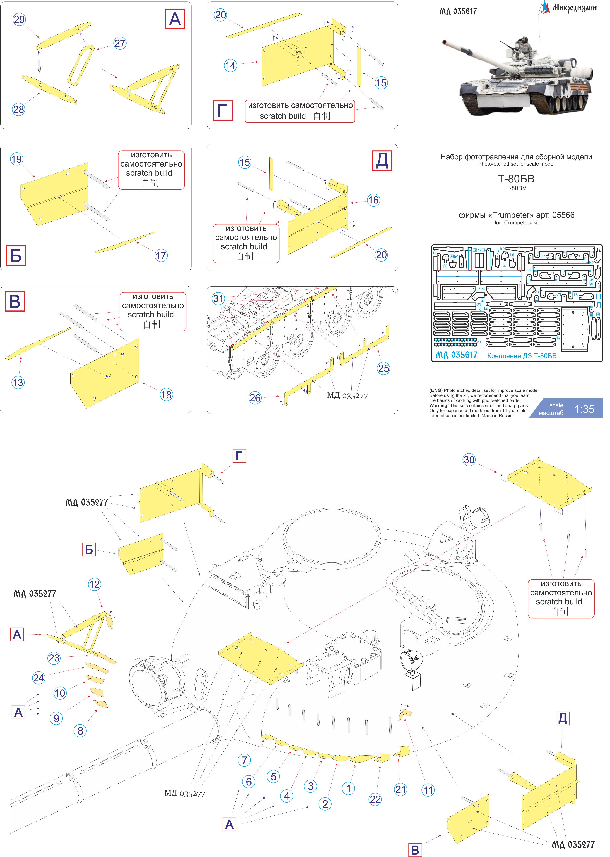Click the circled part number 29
pyautogui.click(x=19, y=19)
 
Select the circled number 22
pyautogui.click(x=375, y=799)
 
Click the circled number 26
pyautogui.click(x=255, y=398)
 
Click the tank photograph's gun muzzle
pyautogui.click(x=445, y=42)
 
